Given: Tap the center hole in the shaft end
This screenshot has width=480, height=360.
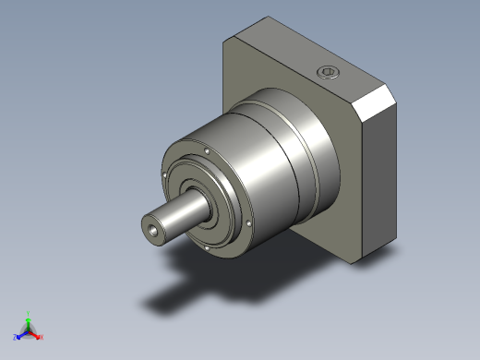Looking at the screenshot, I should [x=152, y=228].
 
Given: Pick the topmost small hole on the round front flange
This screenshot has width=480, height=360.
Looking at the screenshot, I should [x=208, y=150].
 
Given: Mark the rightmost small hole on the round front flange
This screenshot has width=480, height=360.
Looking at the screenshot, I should [x=250, y=224].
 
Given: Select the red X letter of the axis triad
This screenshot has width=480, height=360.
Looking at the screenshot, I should [x=42, y=337].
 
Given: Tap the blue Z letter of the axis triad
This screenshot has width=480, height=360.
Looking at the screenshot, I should [x=16, y=338].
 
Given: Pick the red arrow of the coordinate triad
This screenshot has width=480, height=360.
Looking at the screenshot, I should [x=35, y=334].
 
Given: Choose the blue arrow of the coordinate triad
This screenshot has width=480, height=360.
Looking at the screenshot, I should [x=21, y=334].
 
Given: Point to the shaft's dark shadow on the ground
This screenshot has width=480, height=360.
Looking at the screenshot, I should [x=175, y=295].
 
